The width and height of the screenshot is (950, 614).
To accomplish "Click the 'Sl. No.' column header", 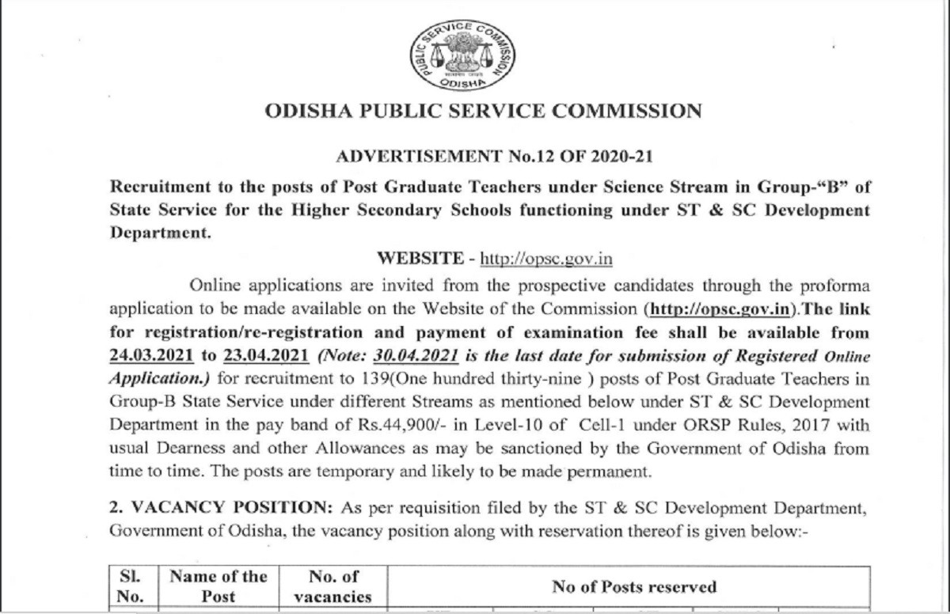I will pyautogui.click(x=129, y=586).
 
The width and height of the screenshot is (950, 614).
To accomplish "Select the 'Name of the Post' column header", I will pyautogui.click(x=218, y=586).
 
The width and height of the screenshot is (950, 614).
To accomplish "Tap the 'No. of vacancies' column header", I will pyautogui.click(x=332, y=586).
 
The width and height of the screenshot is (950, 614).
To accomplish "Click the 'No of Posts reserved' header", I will pyautogui.click(x=634, y=586).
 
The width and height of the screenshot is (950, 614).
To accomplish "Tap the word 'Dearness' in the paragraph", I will pyautogui.click(x=185, y=448).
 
